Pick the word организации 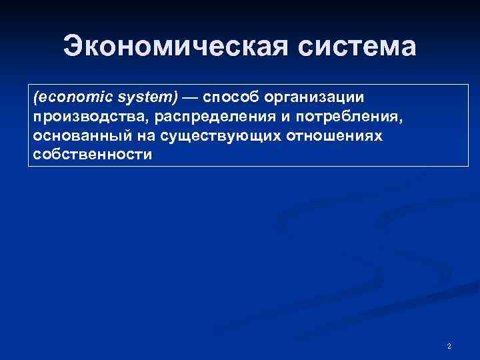(x=315, y=97)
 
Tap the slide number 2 (x=449, y=346)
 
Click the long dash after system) (x=190, y=97)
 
